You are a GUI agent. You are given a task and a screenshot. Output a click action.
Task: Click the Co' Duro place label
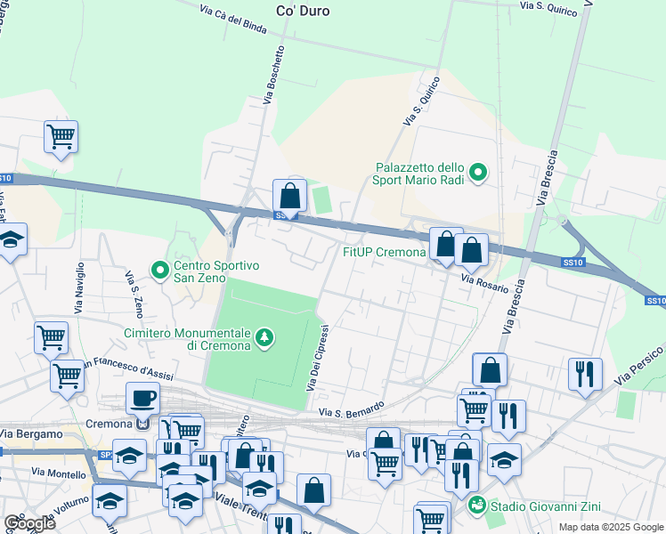303,12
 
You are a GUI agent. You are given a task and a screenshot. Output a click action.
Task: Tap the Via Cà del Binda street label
233,18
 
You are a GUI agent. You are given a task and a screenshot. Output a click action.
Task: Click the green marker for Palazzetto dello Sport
478,173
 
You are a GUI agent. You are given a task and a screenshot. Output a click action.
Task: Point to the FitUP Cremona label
385,252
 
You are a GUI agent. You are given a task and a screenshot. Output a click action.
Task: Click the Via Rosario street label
484,283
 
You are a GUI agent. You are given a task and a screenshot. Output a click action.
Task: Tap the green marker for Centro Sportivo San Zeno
160,268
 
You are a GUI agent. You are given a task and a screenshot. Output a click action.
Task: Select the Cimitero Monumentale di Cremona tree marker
264,337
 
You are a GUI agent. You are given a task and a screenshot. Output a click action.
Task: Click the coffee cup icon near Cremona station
142,398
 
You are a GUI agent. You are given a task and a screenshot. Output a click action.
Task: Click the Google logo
29,523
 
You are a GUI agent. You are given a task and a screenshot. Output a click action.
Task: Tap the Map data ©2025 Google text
611,527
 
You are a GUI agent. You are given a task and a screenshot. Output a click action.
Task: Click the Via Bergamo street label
31,433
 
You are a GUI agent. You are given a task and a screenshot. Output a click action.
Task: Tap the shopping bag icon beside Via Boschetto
289,195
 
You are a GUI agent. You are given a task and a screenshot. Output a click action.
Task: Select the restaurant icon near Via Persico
585,373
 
